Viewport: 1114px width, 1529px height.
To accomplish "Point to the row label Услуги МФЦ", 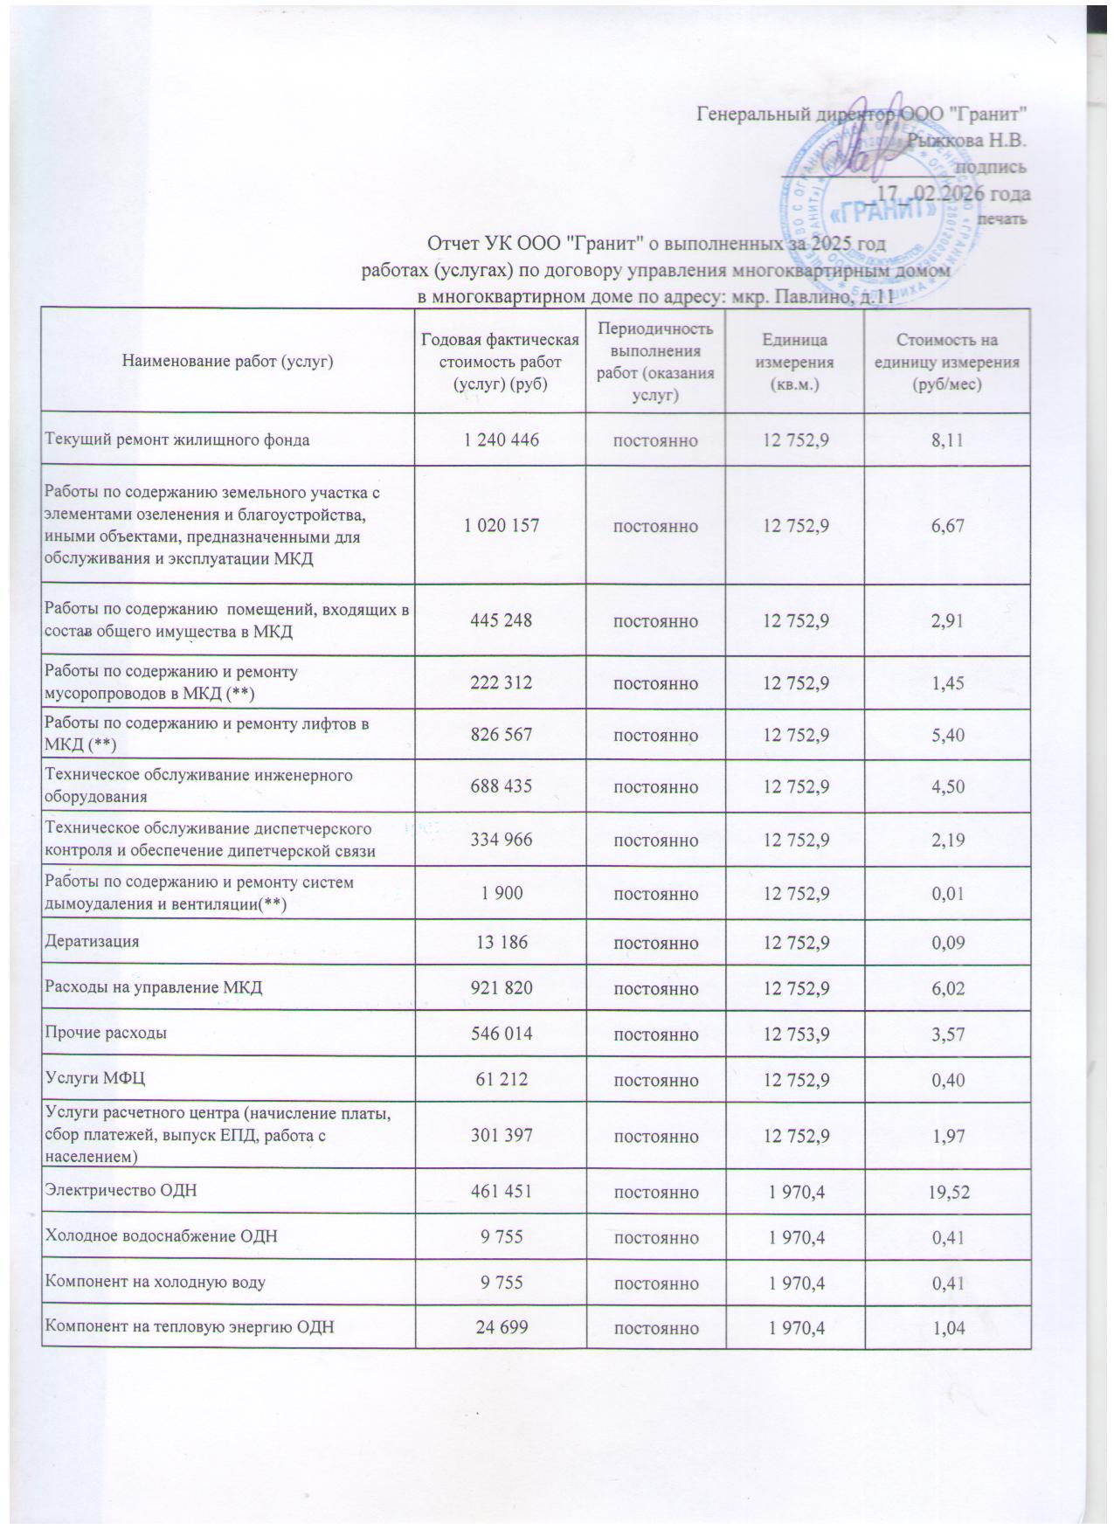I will [x=94, y=1079].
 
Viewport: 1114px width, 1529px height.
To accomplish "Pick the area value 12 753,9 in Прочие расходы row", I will [x=795, y=1034].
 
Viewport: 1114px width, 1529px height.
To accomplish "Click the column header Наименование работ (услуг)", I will [x=229, y=360].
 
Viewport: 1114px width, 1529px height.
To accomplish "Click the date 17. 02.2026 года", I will [x=952, y=194].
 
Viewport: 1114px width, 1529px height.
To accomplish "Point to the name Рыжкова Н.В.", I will [x=965, y=140].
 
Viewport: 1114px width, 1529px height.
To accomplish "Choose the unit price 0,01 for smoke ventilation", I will [x=947, y=894].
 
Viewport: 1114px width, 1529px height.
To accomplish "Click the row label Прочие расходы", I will [x=106, y=1033].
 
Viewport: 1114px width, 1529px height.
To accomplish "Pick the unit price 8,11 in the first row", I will [x=947, y=439].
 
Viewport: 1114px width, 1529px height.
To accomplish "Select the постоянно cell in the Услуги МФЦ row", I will [x=655, y=1080].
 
